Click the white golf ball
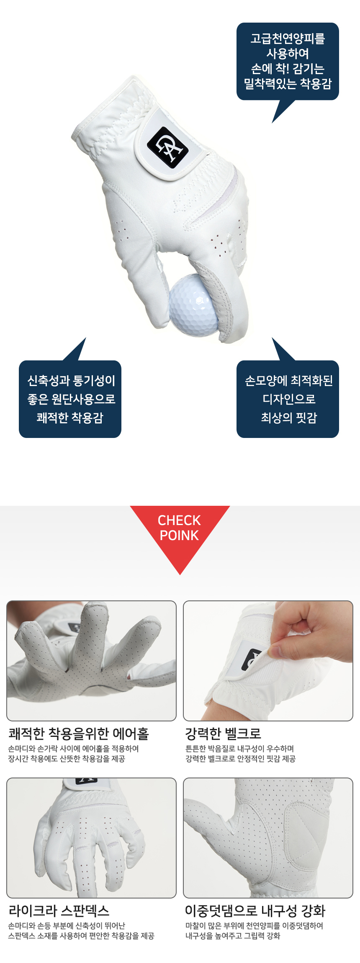click(x=193, y=305)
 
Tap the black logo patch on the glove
click(x=167, y=147)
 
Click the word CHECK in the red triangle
click(x=179, y=520)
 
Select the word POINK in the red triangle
click(x=179, y=535)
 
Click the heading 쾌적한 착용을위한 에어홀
click(x=79, y=733)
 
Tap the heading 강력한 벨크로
click(x=223, y=733)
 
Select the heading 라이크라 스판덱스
click(x=59, y=910)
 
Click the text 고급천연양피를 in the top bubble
click(x=288, y=39)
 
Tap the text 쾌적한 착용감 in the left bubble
click(x=70, y=417)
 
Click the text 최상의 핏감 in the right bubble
click(x=289, y=417)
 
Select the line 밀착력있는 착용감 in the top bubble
click(x=288, y=84)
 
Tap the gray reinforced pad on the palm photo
click(x=306, y=837)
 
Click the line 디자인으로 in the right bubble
click(x=289, y=399)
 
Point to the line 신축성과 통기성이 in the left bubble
click(x=71, y=380)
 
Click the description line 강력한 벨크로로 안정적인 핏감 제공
click(x=240, y=759)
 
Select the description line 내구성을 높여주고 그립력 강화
click(x=233, y=936)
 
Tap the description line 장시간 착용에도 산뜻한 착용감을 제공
click(x=67, y=759)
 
